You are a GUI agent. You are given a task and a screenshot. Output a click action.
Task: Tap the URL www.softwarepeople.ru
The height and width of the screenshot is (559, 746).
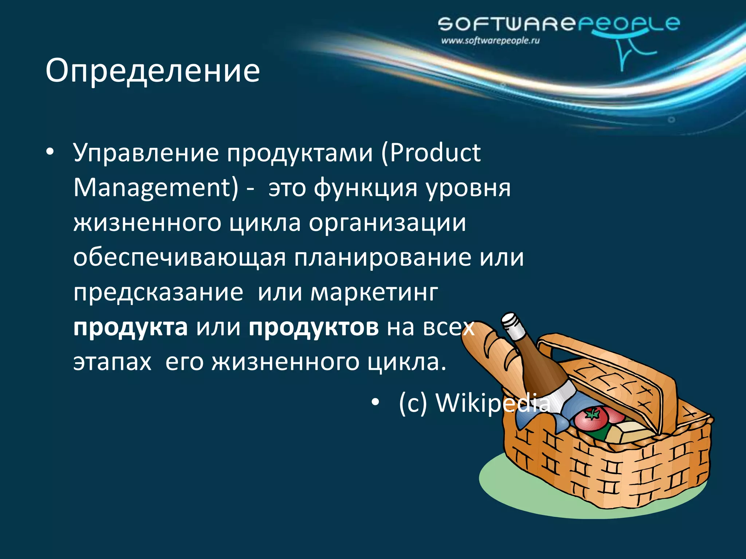[x=490, y=41]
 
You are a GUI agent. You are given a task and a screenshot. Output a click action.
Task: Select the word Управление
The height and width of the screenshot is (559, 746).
[x=146, y=153]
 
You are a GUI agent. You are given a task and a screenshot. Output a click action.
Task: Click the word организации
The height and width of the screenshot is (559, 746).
[x=388, y=222]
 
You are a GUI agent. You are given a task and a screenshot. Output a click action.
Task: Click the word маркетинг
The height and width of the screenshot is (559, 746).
[x=374, y=292]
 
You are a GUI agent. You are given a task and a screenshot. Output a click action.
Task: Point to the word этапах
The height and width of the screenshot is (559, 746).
[x=112, y=362]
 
